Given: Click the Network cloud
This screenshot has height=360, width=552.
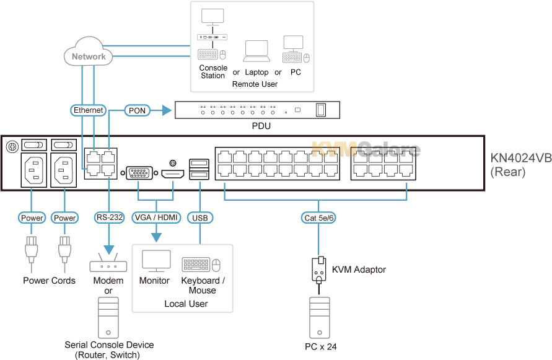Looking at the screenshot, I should coord(89,56).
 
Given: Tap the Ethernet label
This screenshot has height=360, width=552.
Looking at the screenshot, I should coord(89,110).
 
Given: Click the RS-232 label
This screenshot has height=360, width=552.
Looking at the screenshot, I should coord(109,217).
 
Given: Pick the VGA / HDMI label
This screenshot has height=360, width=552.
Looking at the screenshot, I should coord(156,217).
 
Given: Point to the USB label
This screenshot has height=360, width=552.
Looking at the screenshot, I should coord(199,217).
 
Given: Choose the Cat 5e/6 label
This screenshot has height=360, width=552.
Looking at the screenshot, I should coord(318,217).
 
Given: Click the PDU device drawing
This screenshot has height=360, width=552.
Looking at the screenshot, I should coord(257,110).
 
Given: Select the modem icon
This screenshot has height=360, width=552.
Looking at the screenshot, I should coord(108,266).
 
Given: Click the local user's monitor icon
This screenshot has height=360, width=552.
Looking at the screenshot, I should coord(156,261).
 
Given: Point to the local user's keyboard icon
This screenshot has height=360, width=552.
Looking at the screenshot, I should coord(196,265).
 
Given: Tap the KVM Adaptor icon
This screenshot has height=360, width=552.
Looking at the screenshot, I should coord(318,269).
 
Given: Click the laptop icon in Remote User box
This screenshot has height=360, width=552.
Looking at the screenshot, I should coord(256,51).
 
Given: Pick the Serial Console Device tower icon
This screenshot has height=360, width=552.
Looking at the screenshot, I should coord(108,317).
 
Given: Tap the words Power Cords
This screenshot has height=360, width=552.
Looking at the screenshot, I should coord(49,281).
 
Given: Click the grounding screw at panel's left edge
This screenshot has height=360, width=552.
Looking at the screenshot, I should coord(10,147).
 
